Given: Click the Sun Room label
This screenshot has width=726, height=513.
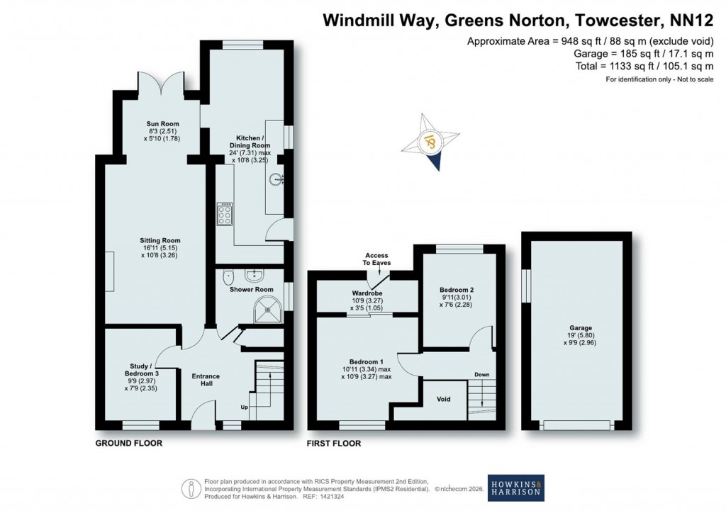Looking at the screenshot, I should click(x=159, y=131).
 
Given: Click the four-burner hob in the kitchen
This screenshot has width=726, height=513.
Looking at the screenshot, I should click(x=225, y=213).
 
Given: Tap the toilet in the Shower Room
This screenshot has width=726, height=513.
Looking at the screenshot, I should click(x=228, y=276).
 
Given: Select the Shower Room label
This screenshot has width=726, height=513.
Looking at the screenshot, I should click(x=251, y=289).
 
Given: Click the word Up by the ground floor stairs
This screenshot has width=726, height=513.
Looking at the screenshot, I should click(x=245, y=407).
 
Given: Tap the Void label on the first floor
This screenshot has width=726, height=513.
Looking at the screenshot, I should click(x=444, y=399).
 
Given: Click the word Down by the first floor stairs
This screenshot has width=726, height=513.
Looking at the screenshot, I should click(x=481, y=374).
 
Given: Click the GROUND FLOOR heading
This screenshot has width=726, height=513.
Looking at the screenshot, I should click(x=129, y=444).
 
